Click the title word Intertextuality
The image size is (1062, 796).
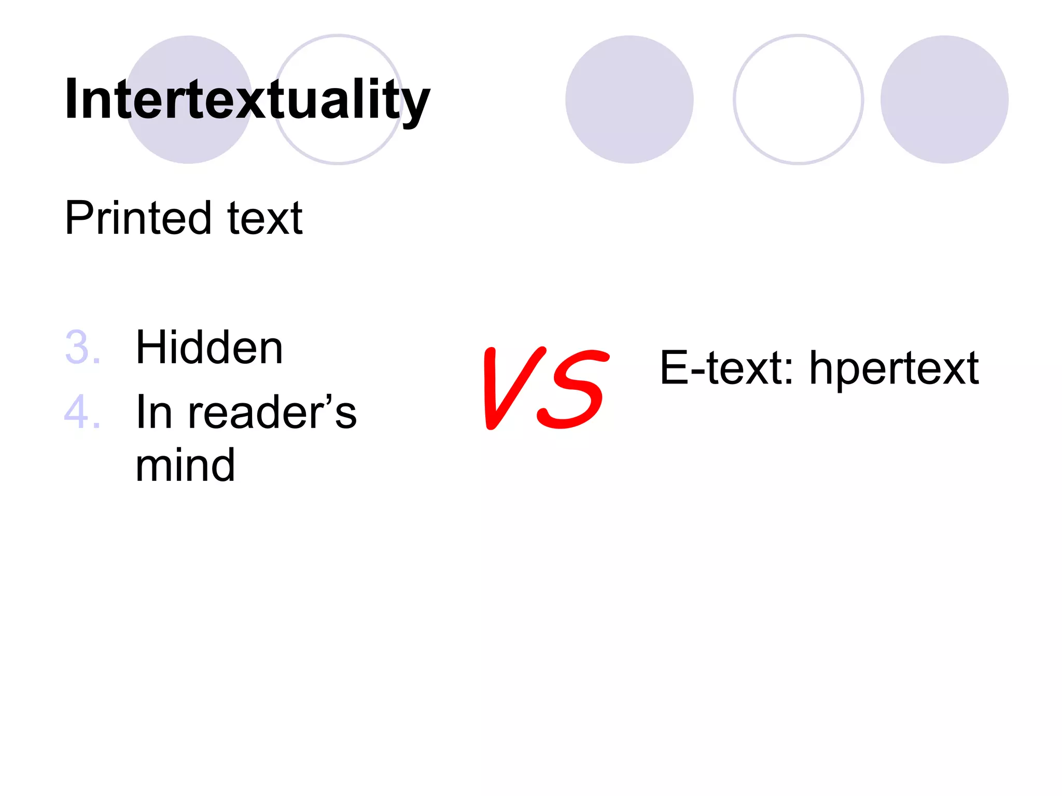point(247,99)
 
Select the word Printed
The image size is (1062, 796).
point(138,218)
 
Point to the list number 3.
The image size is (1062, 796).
point(82,347)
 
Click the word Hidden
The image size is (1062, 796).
point(209,347)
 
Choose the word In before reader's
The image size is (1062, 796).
point(153,413)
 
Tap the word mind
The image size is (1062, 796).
point(185,465)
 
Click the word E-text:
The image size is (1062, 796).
point(726,368)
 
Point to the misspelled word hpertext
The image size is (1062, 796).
point(894,369)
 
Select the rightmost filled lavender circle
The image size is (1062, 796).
point(944,99)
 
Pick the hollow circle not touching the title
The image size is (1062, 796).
point(798,99)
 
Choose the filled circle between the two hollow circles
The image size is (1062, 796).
point(629,99)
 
